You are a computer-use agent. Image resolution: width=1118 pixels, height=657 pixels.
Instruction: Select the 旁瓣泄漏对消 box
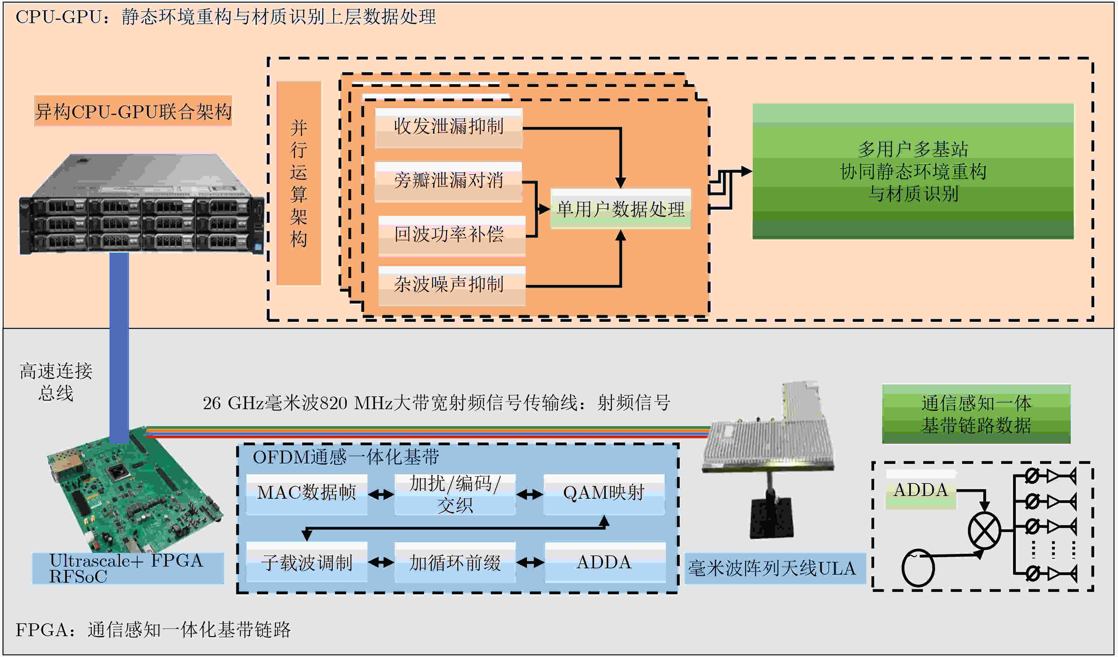pyautogui.click(x=448, y=182)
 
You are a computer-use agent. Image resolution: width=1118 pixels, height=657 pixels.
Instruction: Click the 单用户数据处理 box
pyautogui.click(x=621, y=209)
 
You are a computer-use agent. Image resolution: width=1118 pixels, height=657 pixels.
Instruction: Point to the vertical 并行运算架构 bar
pyautogui.click(x=299, y=183)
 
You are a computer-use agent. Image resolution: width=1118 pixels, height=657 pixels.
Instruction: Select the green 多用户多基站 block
pyautogui.click(x=913, y=172)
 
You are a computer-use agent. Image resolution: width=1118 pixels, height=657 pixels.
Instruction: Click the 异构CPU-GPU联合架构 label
pyautogui.click(x=133, y=111)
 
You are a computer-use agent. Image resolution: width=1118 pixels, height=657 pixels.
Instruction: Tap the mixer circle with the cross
pyautogui.click(x=984, y=530)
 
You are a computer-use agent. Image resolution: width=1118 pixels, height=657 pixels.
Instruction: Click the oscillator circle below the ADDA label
pyautogui.click(x=918, y=568)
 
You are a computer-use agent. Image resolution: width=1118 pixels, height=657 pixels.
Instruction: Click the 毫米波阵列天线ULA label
pyautogui.click(x=775, y=568)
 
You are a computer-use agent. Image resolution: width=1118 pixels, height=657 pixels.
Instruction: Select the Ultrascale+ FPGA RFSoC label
pyautogui.click(x=128, y=568)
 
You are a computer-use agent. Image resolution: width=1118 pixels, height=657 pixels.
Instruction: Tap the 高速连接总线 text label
pyautogui.click(x=56, y=382)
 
